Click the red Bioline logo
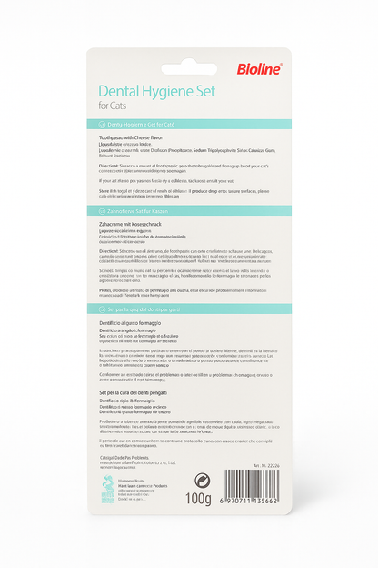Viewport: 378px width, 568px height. pyautogui.click(x=260, y=68)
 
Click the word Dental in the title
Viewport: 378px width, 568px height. pyautogui.click(x=124, y=92)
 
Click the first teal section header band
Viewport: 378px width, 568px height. pyautogui.click(x=189, y=124)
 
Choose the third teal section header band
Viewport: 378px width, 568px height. pyautogui.click(x=189, y=309)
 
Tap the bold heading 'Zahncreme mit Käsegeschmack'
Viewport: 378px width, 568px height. pyautogui.click(x=135, y=223)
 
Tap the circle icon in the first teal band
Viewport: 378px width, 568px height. pyautogui.click(x=102, y=124)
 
